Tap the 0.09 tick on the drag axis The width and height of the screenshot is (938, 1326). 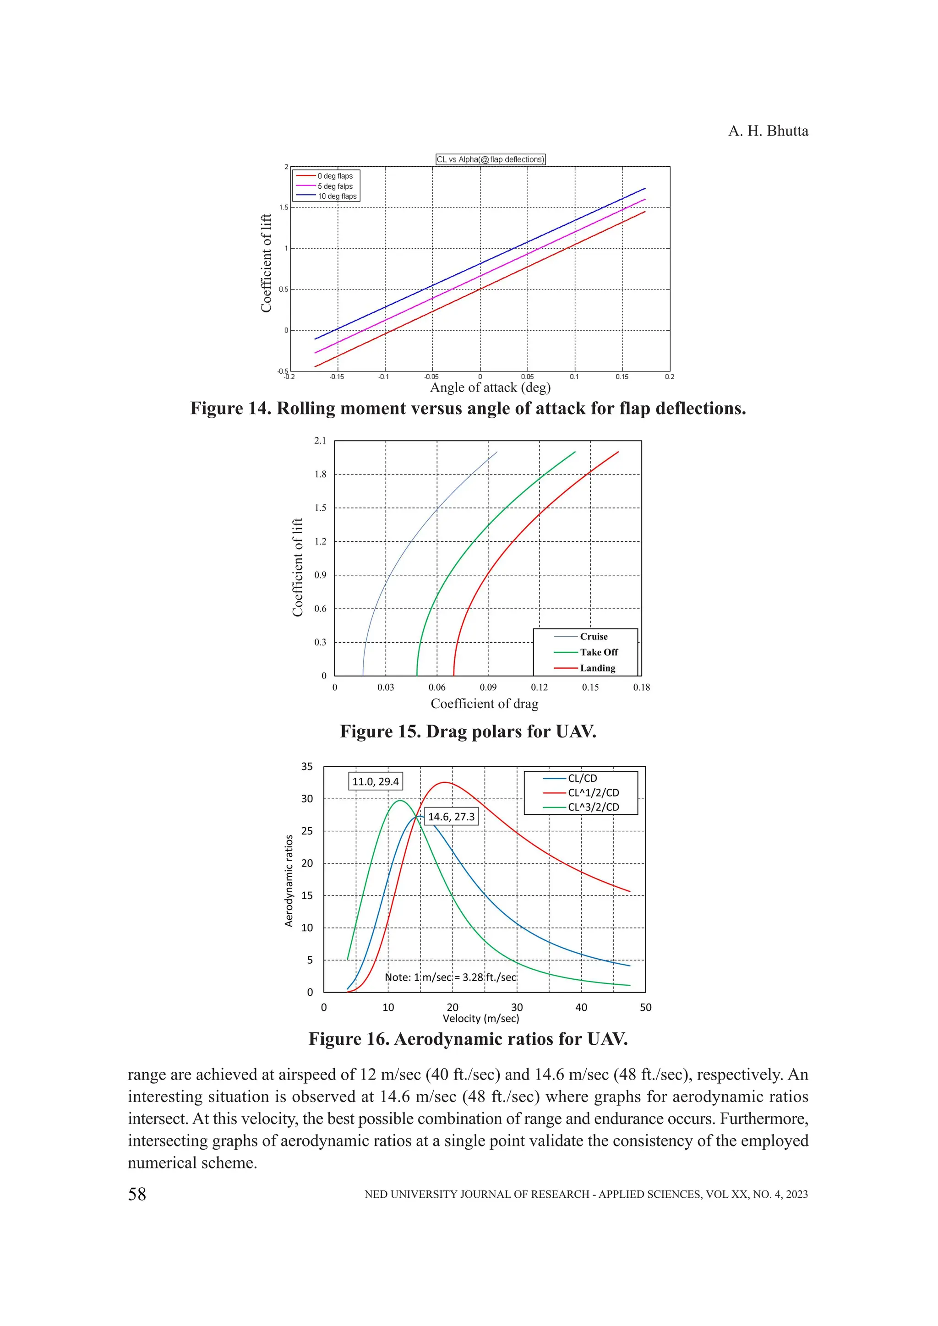[x=488, y=687]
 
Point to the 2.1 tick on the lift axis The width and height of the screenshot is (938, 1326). [x=320, y=441]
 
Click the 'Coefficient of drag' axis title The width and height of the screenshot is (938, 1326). [x=485, y=704]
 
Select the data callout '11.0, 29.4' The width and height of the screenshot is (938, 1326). [x=376, y=781]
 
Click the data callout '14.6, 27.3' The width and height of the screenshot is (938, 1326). [x=451, y=817]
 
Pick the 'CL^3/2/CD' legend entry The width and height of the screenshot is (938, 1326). [x=593, y=807]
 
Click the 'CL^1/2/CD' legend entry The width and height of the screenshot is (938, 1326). [x=593, y=792]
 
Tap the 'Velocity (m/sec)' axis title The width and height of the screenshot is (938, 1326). [x=480, y=1018]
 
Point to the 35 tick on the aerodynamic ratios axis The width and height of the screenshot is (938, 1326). [x=307, y=767]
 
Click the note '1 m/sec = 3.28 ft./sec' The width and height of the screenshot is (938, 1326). [x=451, y=977]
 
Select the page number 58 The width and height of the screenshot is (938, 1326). [x=137, y=1194]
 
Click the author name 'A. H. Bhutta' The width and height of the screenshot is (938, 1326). [x=768, y=131]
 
